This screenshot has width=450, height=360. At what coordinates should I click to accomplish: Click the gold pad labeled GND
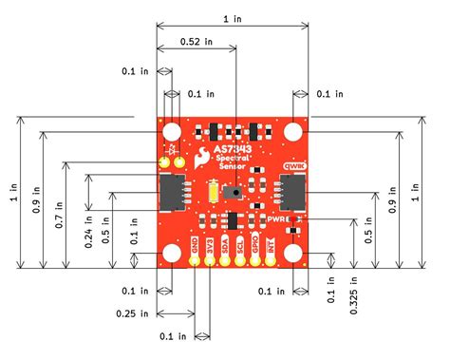195,260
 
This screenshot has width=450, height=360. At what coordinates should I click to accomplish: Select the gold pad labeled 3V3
210,260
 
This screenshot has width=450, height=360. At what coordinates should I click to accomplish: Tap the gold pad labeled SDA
225,260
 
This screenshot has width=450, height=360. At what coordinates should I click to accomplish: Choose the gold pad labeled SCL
240,260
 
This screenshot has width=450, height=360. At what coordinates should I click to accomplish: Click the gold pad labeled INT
271,260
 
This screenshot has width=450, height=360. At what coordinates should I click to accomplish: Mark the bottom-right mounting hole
294,253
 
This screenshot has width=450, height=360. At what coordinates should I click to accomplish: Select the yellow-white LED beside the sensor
209,193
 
